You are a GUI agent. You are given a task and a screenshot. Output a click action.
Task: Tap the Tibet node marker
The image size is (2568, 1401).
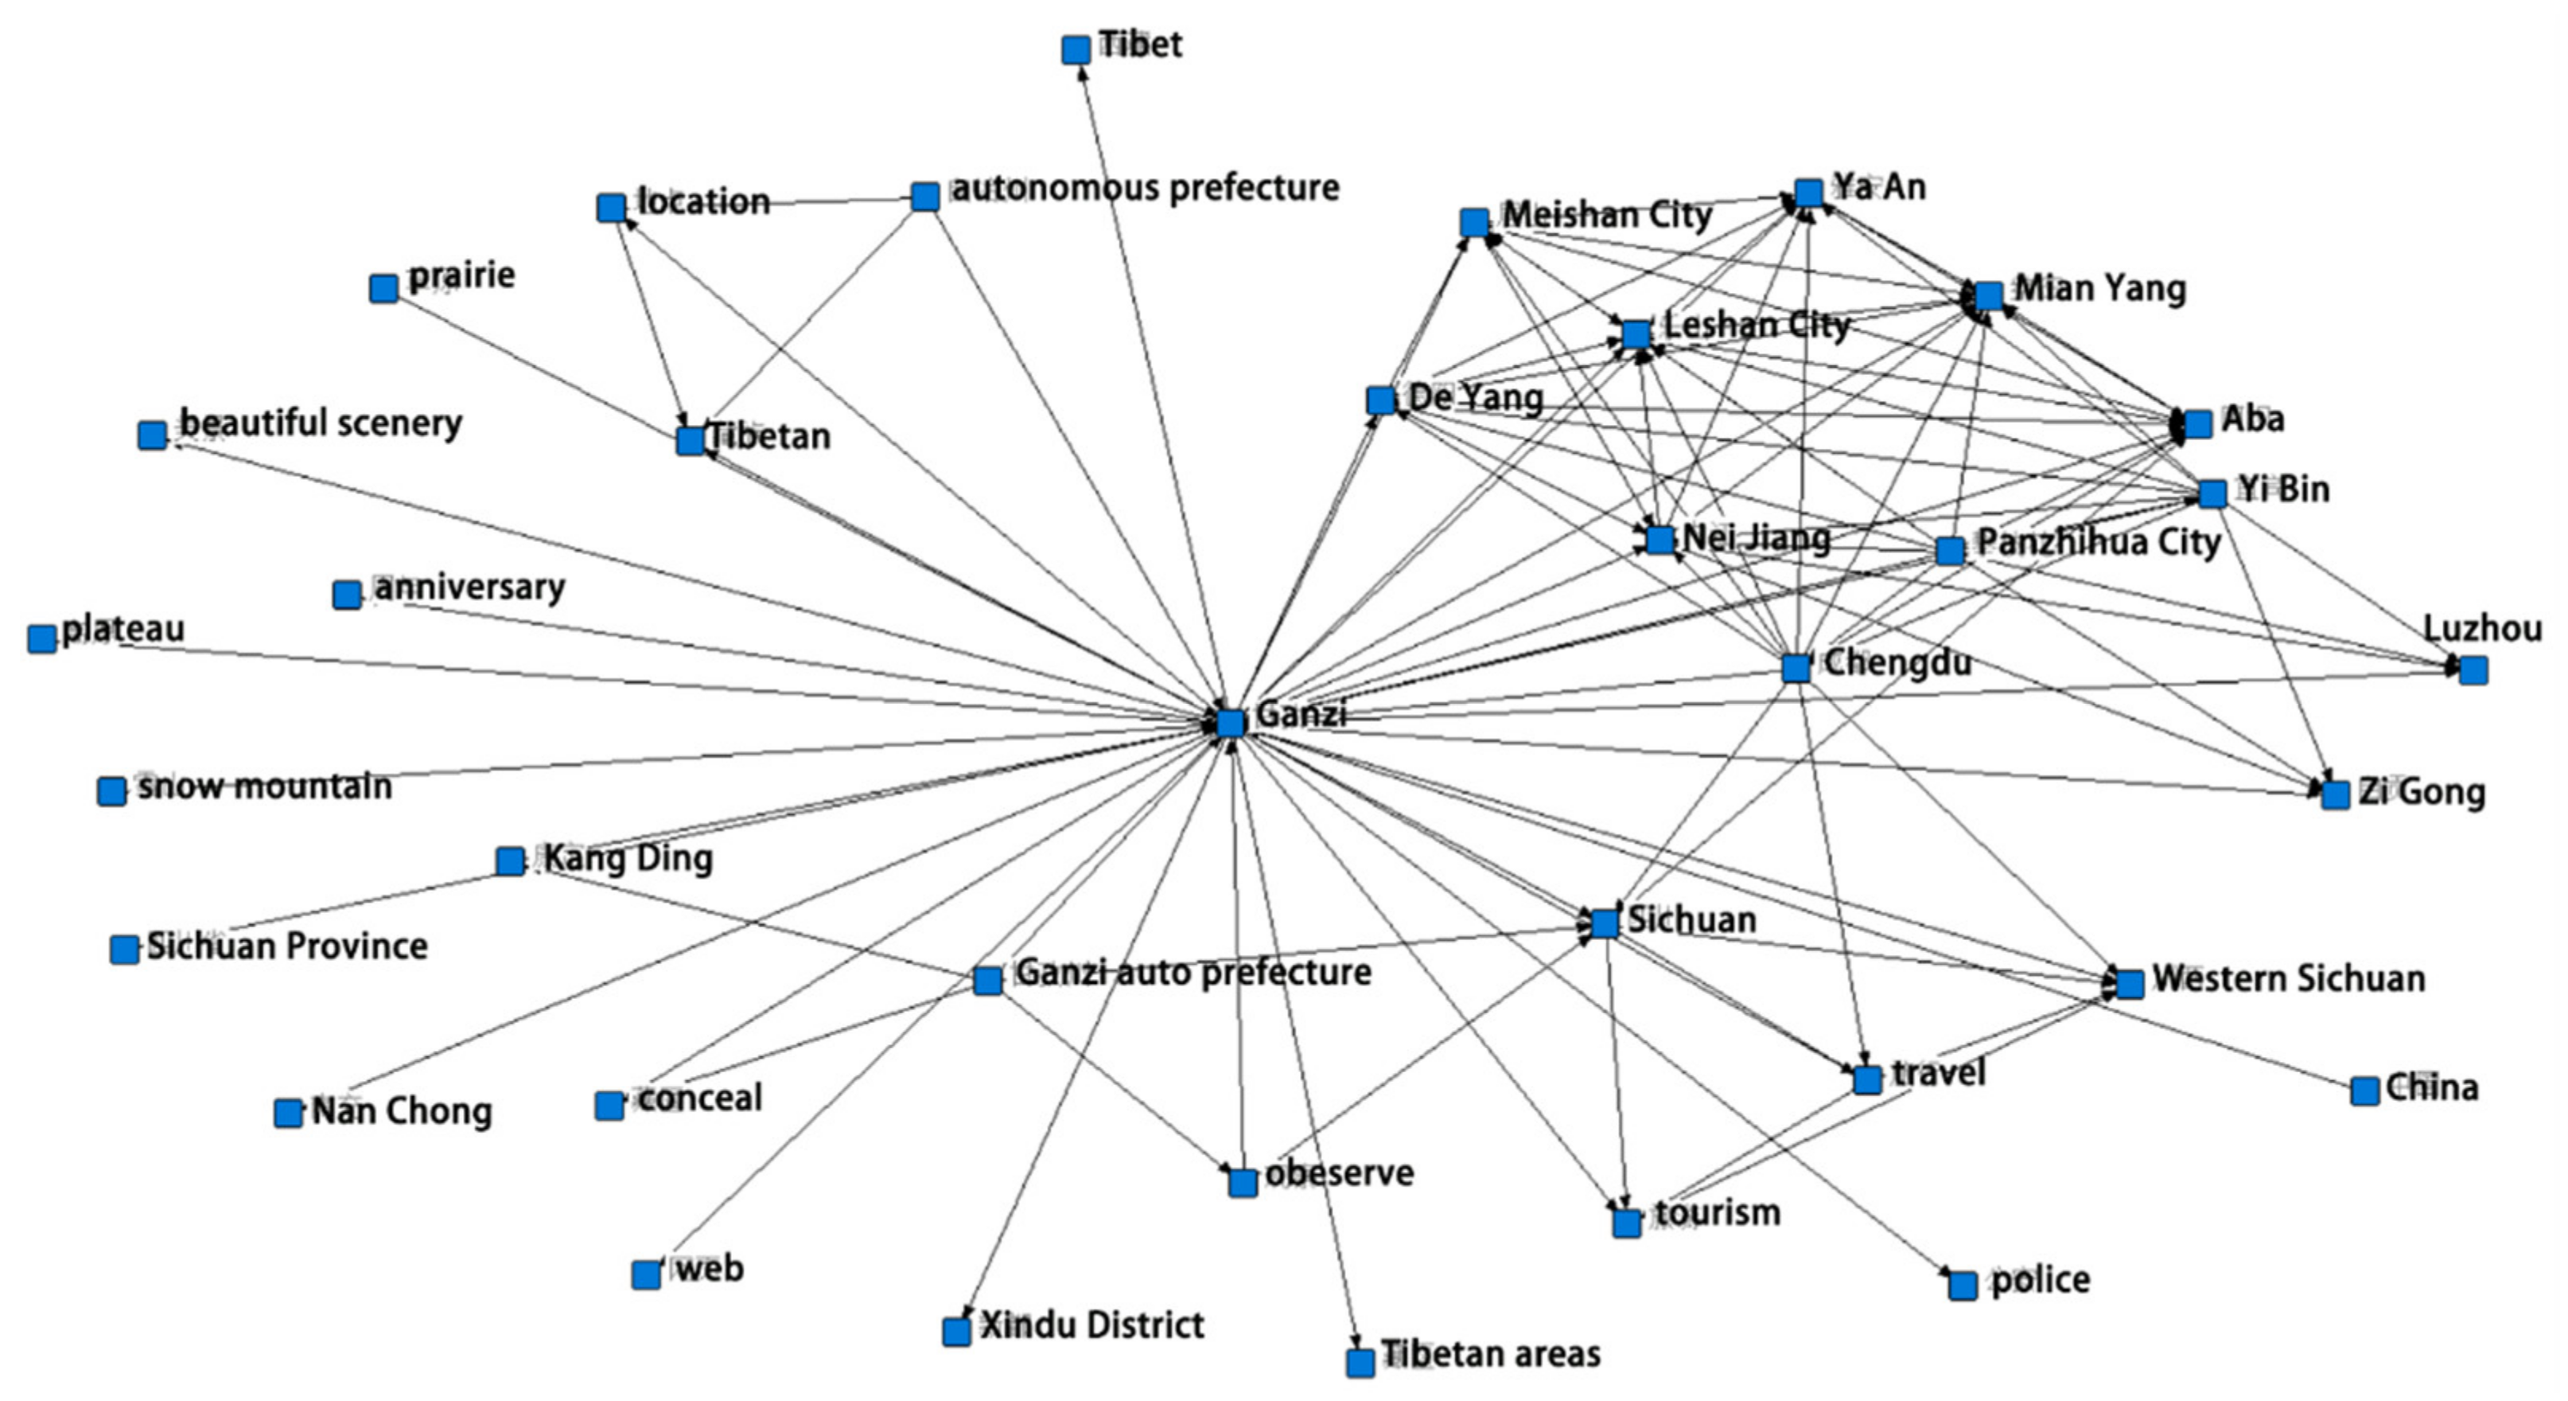(1076, 50)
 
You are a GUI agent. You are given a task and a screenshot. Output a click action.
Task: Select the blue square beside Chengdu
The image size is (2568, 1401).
(1796, 667)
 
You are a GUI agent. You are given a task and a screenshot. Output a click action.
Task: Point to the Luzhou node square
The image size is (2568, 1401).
(2473, 670)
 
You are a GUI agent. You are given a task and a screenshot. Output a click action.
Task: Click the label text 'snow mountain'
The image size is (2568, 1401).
(265, 786)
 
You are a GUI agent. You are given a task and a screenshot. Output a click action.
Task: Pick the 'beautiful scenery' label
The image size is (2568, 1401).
(321, 423)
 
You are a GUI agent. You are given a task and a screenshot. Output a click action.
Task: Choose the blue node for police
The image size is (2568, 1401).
(1963, 1286)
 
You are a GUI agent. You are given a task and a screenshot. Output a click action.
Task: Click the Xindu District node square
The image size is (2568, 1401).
(956, 1331)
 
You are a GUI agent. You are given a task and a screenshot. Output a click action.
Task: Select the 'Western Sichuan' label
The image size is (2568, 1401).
(2289, 978)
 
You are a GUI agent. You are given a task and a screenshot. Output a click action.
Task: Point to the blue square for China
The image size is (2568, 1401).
(2364, 1091)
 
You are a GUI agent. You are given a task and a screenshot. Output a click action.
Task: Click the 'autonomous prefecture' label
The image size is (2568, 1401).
(1145, 188)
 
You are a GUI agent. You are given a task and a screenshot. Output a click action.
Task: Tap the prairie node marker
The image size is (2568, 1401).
(383, 288)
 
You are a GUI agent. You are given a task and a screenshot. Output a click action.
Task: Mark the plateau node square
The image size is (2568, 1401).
(42, 638)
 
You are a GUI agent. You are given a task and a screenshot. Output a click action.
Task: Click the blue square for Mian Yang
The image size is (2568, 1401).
(1988, 296)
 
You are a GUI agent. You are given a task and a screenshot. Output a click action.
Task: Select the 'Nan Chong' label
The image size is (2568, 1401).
(402, 1110)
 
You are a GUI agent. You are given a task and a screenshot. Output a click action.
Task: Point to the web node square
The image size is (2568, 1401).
(646, 1274)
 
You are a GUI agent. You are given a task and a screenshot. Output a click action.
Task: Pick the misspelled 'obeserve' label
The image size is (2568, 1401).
(1339, 1173)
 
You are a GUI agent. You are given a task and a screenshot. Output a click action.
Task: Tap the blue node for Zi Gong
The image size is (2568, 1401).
(2336, 794)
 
